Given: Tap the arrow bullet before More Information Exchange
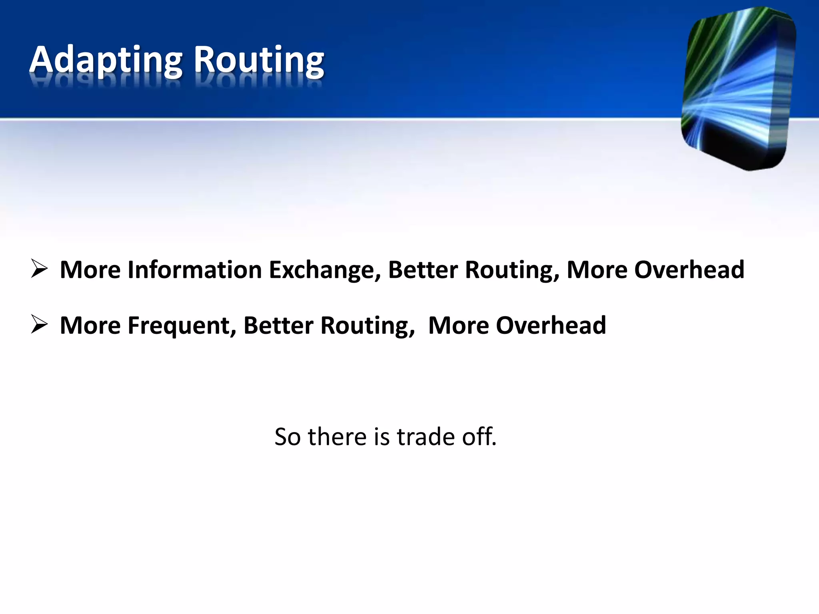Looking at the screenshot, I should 40,269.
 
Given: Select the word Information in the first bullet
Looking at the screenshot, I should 195,269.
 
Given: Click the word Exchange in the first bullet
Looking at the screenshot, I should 324,270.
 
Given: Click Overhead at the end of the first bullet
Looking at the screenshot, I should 689,269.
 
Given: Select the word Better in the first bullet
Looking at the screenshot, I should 423,269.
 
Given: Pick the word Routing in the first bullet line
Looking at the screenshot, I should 512,270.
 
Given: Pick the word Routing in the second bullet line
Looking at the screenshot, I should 368,326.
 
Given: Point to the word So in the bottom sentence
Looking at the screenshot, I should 287,437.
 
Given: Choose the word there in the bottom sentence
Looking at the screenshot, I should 337,437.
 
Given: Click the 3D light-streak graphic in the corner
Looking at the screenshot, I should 738,88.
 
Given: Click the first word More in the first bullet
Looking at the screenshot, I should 90,269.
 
